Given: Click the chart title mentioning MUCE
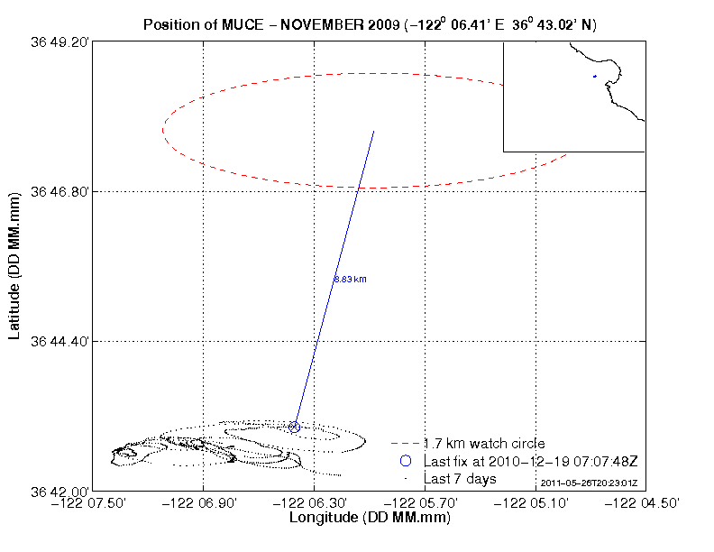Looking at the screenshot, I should point(370,23).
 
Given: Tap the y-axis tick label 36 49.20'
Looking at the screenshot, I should point(59,42).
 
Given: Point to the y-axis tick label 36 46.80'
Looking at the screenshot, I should point(59,191).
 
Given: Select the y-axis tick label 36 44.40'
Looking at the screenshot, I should point(59,341).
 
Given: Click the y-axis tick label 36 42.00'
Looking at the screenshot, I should point(59,492).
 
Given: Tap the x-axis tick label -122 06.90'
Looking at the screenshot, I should point(204,503).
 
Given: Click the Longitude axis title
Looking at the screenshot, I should point(370,519).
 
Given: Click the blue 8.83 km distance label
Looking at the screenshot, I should point(350,280).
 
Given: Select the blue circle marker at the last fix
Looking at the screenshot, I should point(295,427).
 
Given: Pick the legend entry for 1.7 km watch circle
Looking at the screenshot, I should point(483,444).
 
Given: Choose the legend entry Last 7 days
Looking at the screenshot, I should point(460,478).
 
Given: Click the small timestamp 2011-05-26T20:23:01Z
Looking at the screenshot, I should point(589,484).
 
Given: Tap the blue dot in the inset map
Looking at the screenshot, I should point(595,77).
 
